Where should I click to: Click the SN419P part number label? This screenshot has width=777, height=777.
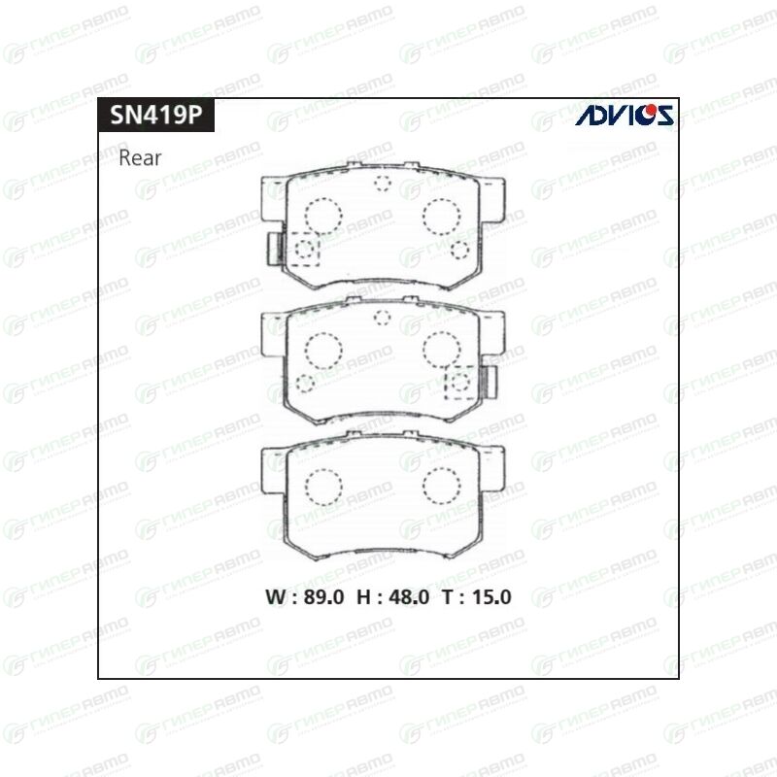pos(156,115)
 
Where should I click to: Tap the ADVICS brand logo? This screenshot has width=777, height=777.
pos(625,115)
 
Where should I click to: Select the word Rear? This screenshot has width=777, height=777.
pos(140,158)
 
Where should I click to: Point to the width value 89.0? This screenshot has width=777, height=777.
pos(323,597)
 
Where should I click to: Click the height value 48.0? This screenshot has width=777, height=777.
pos(409,597)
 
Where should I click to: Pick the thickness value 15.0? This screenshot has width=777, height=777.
pos(491,597)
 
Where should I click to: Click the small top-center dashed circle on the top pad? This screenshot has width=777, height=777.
pos(383,183)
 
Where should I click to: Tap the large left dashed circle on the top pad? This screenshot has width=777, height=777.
pos(323,216)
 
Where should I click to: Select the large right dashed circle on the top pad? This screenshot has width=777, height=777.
pos(442,216)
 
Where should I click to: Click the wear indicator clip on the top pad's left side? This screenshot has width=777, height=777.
pos(274,249)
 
